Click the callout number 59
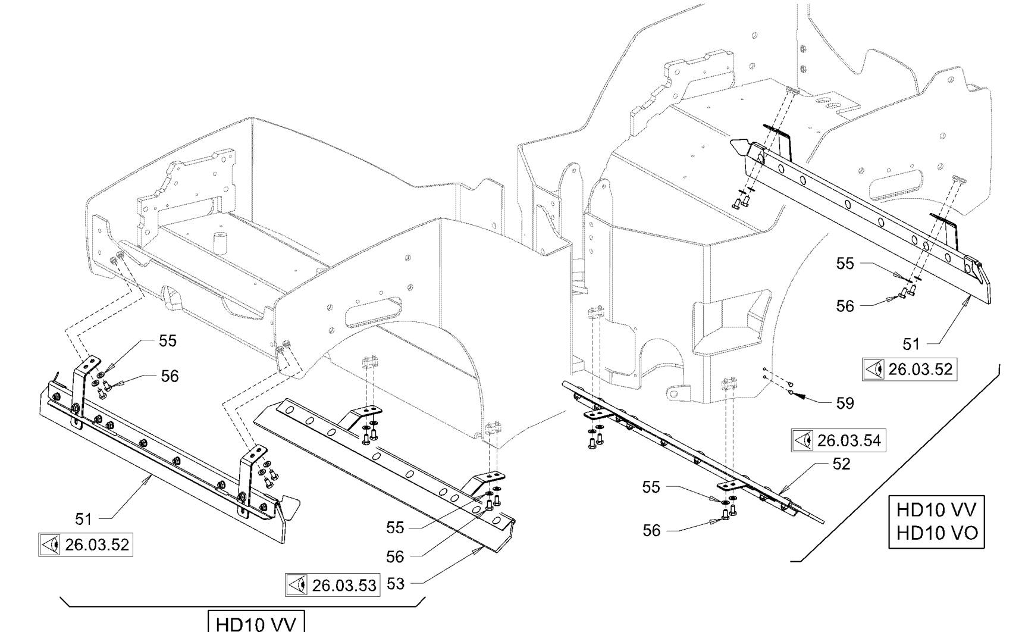click(845, 403)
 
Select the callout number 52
click(841, 464)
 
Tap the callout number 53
click(396, 584)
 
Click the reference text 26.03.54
click(848, 441)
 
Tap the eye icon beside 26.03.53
click(297, 586)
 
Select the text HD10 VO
click(936, 533)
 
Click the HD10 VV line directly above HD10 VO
click(936, 511)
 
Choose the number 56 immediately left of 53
click(395, 557)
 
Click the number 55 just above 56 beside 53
click(395, 528)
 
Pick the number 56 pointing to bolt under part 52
click(651, 530)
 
